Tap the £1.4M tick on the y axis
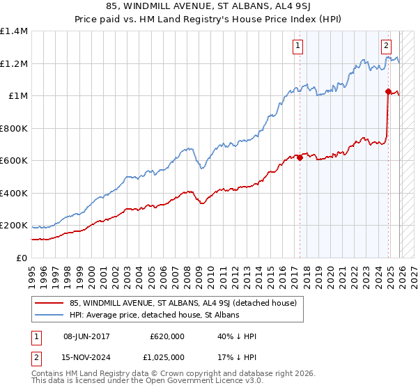click(x=14, y=31)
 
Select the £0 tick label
click(x=22, y=258)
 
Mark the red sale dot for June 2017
click(x=300, y=157)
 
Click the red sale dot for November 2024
click(x=388, y=91)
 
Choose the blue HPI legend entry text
click(x=154, y=315)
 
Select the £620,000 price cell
click(x=167, y=336)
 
